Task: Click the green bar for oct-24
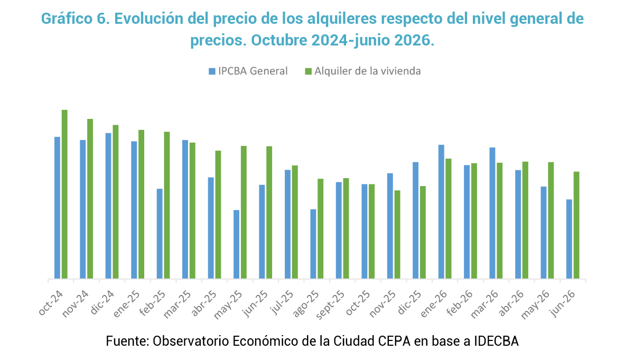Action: click(64, 195)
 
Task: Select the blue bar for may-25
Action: click(236, 244)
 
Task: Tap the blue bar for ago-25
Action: click(313, 244)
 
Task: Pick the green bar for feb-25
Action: click(167, 205)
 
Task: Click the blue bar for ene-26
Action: click(441, 212)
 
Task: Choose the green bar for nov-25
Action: click(397, 235)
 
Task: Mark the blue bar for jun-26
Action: click(569, 239)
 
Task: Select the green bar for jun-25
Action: click(269, 213)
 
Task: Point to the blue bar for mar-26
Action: click(492, 213)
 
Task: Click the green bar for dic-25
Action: click(423, 232)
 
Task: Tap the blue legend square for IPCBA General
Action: click(212, 71)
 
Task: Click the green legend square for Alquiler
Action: click(308, 71)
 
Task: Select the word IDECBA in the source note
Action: click(496, 341)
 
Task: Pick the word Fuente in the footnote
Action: click(127, 341)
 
